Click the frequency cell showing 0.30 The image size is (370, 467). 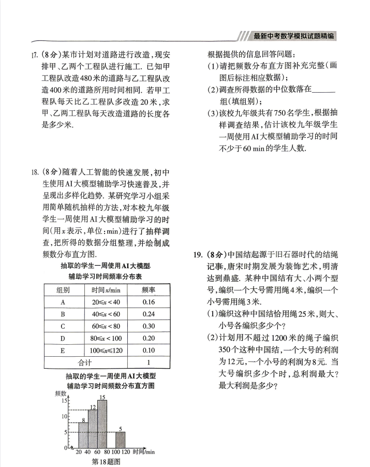click(x=149, y=326)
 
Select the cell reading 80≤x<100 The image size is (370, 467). click(x=106, y=338)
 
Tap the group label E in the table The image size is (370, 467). click(x=63, y=350)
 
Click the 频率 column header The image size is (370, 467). click(x=149, y=290)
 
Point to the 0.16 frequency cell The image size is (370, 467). click(x=149, y=302)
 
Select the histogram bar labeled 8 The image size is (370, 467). click(x=83, y=435)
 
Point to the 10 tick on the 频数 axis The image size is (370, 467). click(x=65, y=416)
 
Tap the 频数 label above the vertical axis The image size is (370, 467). click(x=61, y=394)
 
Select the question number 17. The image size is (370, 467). click(x=36, y=54)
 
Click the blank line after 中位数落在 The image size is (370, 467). click(x=324, y=89)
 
